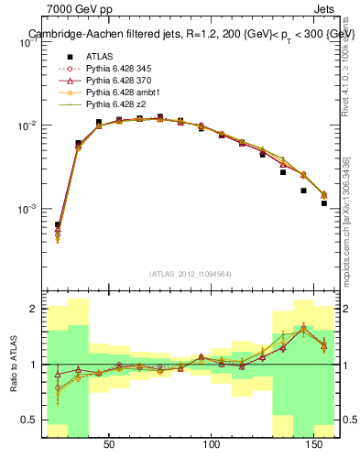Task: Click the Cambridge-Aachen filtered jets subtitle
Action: pos(190,34)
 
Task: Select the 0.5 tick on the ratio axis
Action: pos(29,420)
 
